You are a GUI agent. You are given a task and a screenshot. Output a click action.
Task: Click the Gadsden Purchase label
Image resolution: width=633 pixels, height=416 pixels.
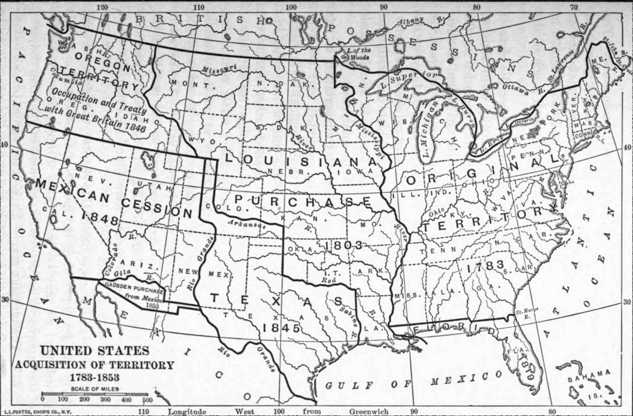135,289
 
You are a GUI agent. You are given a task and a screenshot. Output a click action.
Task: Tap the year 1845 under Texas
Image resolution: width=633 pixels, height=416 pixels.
281,328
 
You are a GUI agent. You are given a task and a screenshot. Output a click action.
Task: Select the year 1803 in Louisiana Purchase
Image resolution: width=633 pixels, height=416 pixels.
344,245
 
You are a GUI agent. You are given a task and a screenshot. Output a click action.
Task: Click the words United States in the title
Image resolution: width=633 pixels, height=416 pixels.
95,351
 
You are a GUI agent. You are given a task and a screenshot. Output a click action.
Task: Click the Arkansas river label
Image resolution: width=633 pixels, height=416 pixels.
247,224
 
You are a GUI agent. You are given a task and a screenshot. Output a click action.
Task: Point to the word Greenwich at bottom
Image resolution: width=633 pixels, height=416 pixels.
369,412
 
